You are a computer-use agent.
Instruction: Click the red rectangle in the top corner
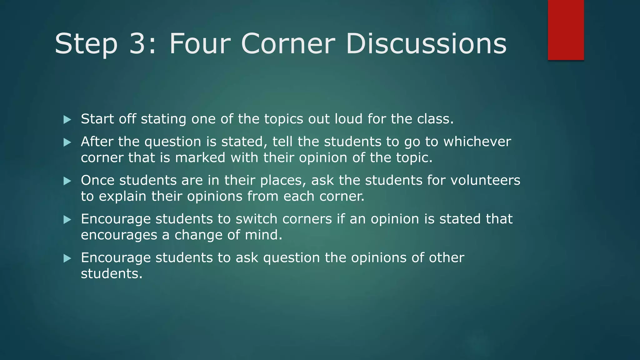tap(566, 30)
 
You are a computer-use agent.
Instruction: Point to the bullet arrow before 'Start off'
tap(67, 119)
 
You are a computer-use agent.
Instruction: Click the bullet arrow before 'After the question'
tap(67, 142)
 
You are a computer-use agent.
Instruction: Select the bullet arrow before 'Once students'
tap(67, 181)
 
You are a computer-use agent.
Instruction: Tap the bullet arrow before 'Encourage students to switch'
tap(67, 220)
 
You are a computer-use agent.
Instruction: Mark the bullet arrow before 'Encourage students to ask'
tap(67, 258)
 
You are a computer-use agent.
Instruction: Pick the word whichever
tap(477, 142)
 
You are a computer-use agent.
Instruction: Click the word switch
tap(256, 219)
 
